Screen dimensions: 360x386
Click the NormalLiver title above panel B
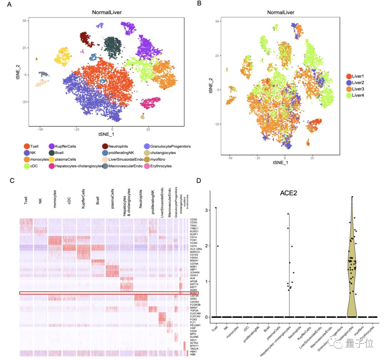[281, 12]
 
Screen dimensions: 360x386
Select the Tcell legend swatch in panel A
[27, 146]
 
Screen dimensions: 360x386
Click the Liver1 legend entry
[359, 76]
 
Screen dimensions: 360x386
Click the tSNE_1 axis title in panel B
[281, 162]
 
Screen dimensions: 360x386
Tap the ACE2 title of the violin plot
[288, 194]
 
